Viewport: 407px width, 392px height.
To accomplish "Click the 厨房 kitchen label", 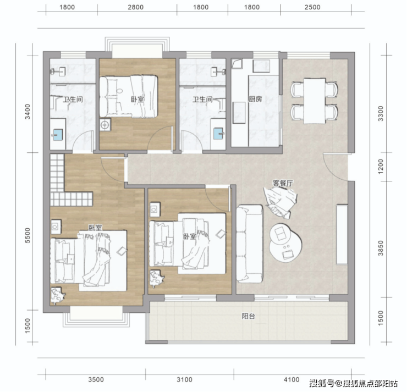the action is pyautogui.click(x=255, y=99).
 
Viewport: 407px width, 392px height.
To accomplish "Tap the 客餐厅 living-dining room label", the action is pyautogui.click(x=283, y=183).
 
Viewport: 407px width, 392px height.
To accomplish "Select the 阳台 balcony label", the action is pyautogui.click(x=249, y=316).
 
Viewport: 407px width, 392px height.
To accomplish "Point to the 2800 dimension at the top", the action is pyautogui.click(x=135, y=7).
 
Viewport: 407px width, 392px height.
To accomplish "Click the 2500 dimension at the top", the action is pyautogui.click(x=312, y=7).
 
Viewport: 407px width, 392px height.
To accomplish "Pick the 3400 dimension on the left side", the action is pyautogui.click(x=28, y=112).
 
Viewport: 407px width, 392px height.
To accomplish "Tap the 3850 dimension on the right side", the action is pyautogui.click(x=381, y=248).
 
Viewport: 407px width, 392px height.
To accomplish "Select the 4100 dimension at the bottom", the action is pyautogui.click(x=291, y=379).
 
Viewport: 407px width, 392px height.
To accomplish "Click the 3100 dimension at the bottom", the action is pyautogui.click(x=184, y=379).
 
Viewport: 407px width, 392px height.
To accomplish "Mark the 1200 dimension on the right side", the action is pyautogui.click(x=381, y=166).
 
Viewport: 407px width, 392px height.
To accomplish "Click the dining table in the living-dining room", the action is pyautogui.click(x=315, y=101).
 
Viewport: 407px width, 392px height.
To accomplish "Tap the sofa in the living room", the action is pyautogui.click(x=250, y=244).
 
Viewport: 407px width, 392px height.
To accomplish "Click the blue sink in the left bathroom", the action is pyautogui.click(x=58, y=135).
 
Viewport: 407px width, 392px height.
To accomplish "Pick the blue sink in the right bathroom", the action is pyautogui.click(x=218, y=134).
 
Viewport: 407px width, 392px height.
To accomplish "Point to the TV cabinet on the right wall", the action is pyautogui.click(x=342, y=234).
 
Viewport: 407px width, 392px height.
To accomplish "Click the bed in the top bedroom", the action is pyautogui.click(x=129, y=96).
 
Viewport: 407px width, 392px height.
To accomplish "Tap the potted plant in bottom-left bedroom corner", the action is pyautogui.click(x=57, y=295).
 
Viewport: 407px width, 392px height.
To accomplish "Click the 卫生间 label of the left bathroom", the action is pyautogui.click(x=73, y=100).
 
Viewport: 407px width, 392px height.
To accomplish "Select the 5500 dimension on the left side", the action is pyautogui.click(x=28, y=235).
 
